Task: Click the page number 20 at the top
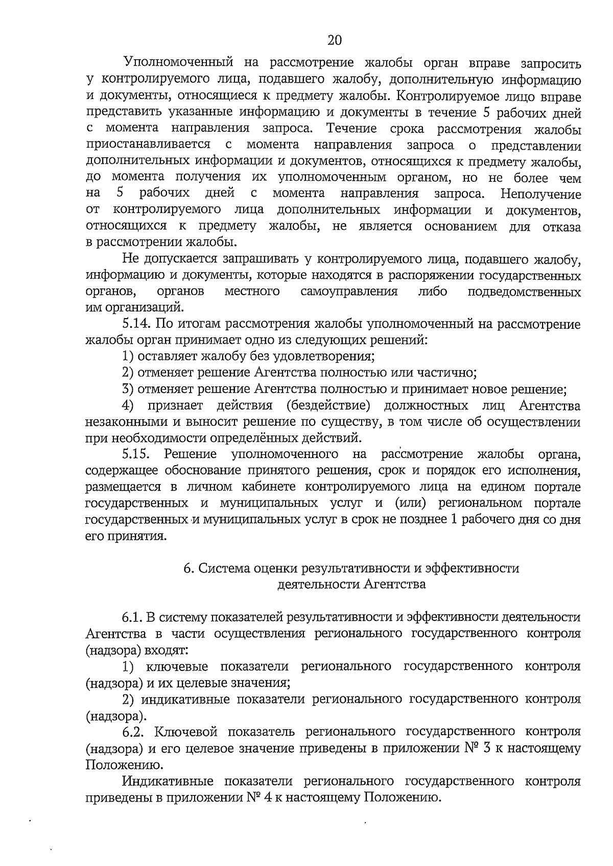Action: click(x=334, y=40)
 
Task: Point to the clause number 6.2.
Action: click(x=136, y=731)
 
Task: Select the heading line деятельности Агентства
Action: click(x=351, y=584)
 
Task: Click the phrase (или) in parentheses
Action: click(x=411, y=503)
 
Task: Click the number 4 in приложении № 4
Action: click(x=269, y=797)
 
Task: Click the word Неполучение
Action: click(x=541, y=194)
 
